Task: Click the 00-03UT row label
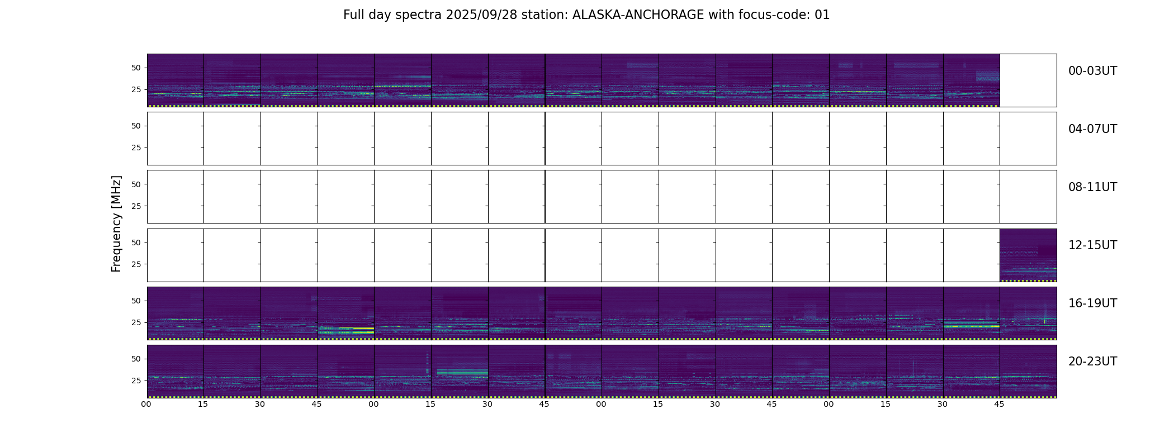(x=1092, y=71)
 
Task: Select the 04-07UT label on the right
(x=1092, y=129)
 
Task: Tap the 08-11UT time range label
(x=1092, y=187)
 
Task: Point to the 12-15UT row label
(x=1092, y=245)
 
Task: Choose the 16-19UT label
(x=1092, y=303)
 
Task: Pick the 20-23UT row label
(x=1092, y=362)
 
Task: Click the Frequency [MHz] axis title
(x=116, y=223)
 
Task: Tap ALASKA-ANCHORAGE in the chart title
(x=638, y=15)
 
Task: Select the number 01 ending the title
(x=822, y=15)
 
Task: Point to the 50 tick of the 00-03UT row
(x=136, y=68)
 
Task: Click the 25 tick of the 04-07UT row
(x=136, y=148)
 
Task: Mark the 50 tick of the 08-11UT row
(x=136, y=184)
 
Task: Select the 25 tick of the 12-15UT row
(x=136, y=264)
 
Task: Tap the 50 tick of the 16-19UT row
(x=136, y=301)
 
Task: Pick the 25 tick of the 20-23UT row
(x=136, y=381)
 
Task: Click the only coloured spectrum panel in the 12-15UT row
(x=1028, y=255)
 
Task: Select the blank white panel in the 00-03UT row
(x=1028, y=80)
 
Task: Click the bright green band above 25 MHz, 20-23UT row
(x=462, y=372)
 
